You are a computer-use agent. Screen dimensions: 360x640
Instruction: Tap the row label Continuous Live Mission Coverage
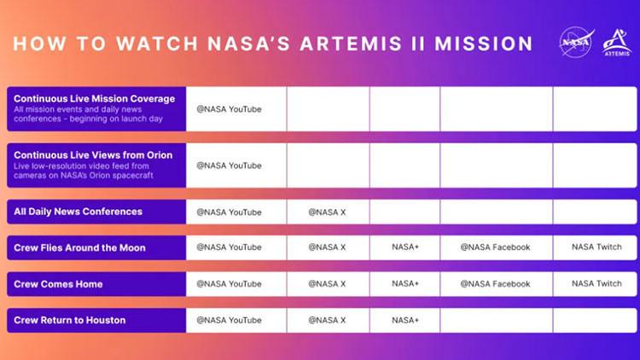pyautogui.click(x=94, y=99)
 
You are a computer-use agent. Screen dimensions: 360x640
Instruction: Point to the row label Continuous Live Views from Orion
pyautogui.click(x=92, y=155)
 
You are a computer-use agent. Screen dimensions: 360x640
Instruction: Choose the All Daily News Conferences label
pyautogui.click(x=78, y=212)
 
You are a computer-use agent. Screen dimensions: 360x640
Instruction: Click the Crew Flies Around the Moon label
pyautogui.click(x=79, y=247)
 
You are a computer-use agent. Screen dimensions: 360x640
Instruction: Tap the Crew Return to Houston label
pyautogui.click(x=69, y=320)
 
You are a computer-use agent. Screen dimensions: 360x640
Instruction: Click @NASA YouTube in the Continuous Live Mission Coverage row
pyautogui.click(x=229, y=109)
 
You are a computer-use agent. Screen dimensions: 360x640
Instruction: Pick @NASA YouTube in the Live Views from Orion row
pyautogui.click(x=229, y=165)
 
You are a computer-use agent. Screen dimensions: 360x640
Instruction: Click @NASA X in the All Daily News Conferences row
pyautogui.click(x=327, y=212)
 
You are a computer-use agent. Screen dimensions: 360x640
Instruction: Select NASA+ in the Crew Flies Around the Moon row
pyautogui.click(x=405, y=247)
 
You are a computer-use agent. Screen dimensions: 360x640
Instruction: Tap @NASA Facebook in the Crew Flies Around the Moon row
pyautogui.click(x=495, y=247)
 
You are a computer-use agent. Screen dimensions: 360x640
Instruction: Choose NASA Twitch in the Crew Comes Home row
pyautogui.click(x=596, y=283)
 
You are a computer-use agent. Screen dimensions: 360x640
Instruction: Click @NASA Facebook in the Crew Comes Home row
pyautogui.click(x=495, y=283)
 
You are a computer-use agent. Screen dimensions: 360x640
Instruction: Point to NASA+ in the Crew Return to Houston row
pyautogui.click(x=405, y=320)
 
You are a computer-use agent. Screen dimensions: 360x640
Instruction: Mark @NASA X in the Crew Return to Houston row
pyautogui.click(x=327, y=320)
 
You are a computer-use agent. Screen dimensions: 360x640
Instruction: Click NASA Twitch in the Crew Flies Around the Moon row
pyautogui.click(x=596, y=247)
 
